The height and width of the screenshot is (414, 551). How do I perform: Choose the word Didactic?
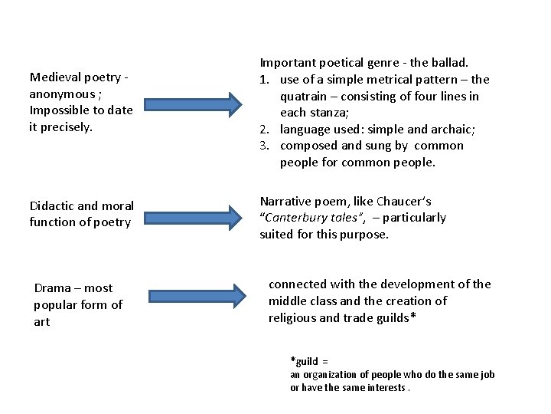(54, 205)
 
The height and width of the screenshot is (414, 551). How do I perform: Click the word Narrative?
(286, 201)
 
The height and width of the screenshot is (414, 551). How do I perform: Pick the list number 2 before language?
(265, 129)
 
